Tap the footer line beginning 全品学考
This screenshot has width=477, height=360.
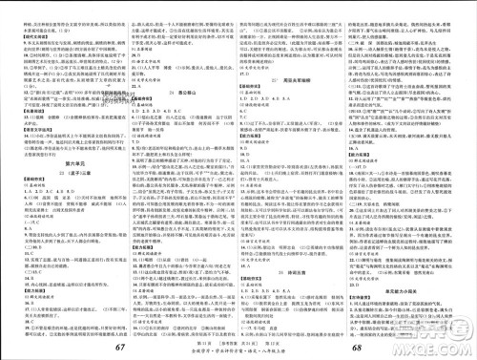(238, 351)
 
